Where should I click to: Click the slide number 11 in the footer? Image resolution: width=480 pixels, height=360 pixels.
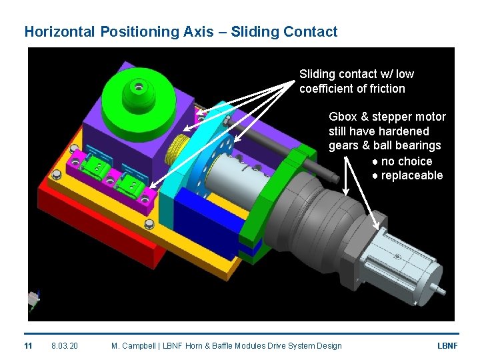point(28,345)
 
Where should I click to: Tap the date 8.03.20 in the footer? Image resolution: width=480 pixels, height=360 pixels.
point(65,345)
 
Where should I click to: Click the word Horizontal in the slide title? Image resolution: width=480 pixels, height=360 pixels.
point(60,31)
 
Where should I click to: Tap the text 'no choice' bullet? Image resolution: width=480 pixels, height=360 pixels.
point(406,161)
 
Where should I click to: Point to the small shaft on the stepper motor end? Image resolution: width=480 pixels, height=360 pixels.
point(441,289)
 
